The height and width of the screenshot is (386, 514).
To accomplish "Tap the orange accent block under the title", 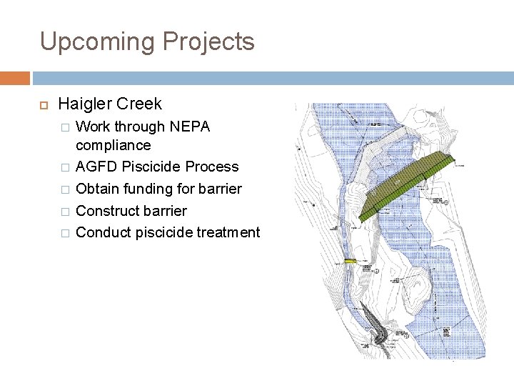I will point(15,78).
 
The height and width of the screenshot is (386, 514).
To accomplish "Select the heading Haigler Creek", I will point(110,104).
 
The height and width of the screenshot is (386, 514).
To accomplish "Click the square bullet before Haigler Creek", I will point(43,104).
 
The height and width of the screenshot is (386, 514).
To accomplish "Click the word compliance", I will point(113,145).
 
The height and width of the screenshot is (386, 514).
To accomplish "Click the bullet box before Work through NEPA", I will point(65,127).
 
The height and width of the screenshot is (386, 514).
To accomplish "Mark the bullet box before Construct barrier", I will point(65,212).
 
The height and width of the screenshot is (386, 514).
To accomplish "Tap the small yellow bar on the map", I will point(350,262).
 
